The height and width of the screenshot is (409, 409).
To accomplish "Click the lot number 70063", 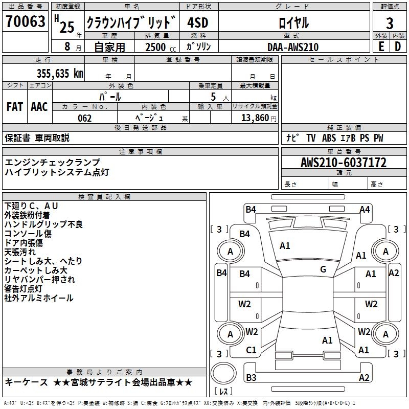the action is [x=25, y=21].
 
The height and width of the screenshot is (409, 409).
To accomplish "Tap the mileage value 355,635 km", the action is [x=60, y=74].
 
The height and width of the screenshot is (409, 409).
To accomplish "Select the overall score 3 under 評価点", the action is [x=390, y=23].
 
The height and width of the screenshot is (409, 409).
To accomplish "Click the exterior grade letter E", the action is [x=381, y=47].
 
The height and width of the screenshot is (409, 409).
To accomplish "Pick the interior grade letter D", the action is [x=398, y=47].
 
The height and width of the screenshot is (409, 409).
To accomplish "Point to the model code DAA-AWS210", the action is [x=293, y=47].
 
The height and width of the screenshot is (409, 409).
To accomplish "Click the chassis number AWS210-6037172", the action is [x=344, y=163].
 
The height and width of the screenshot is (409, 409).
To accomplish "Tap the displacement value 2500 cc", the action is [x=161, y=47].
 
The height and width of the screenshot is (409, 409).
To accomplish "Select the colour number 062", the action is [x=85, y=118].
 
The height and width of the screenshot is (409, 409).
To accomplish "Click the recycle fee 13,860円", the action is [x=259, y=118].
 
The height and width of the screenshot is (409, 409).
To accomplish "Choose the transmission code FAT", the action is [x=15, y=107].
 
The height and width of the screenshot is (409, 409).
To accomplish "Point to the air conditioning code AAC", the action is [x=39, y=107].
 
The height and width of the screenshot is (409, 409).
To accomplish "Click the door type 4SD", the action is [x=198, y=22].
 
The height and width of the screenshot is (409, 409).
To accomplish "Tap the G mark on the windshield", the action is [x=323, y=269].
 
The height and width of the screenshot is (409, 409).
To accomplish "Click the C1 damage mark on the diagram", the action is [x=251, y=350].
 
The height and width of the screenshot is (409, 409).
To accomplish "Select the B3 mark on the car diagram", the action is [x=251, y=377].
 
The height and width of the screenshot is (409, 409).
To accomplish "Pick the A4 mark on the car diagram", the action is [x=365, y=210].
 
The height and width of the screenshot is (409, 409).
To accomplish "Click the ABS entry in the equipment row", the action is [x=329, y=138].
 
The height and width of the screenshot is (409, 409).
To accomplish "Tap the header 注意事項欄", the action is [x=141, y=151].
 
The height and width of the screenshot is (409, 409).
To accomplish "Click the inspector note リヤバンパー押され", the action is [x=40, y=280].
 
